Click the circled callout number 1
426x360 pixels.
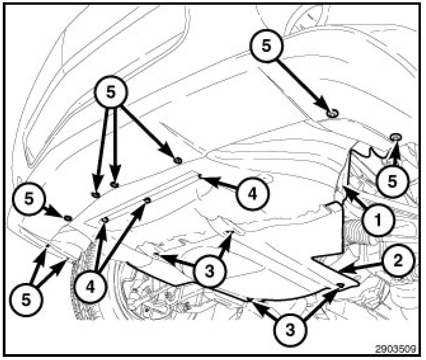[x=378, y=220]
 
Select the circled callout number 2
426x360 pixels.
[x=398, y=261]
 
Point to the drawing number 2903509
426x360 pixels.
[x=396, y=349]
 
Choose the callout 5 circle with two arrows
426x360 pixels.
[x=26, y=300]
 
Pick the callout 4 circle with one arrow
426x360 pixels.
[x=253, y=194]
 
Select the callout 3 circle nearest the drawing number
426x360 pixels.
[x=290, y=331]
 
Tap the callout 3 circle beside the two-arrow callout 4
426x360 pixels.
[x=209, y=271]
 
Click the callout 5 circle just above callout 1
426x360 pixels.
[x=392, y=181]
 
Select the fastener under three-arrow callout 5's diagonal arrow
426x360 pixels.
[x=178, y=161]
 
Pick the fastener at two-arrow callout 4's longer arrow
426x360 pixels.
[x=147, y=200]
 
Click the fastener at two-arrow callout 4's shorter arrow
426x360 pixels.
[x=105, y=220]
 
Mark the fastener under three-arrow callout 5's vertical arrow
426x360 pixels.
[x=115, y=185]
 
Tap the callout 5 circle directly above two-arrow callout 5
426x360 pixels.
[x=29, y=198]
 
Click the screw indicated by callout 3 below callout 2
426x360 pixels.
[x=340, y=285]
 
